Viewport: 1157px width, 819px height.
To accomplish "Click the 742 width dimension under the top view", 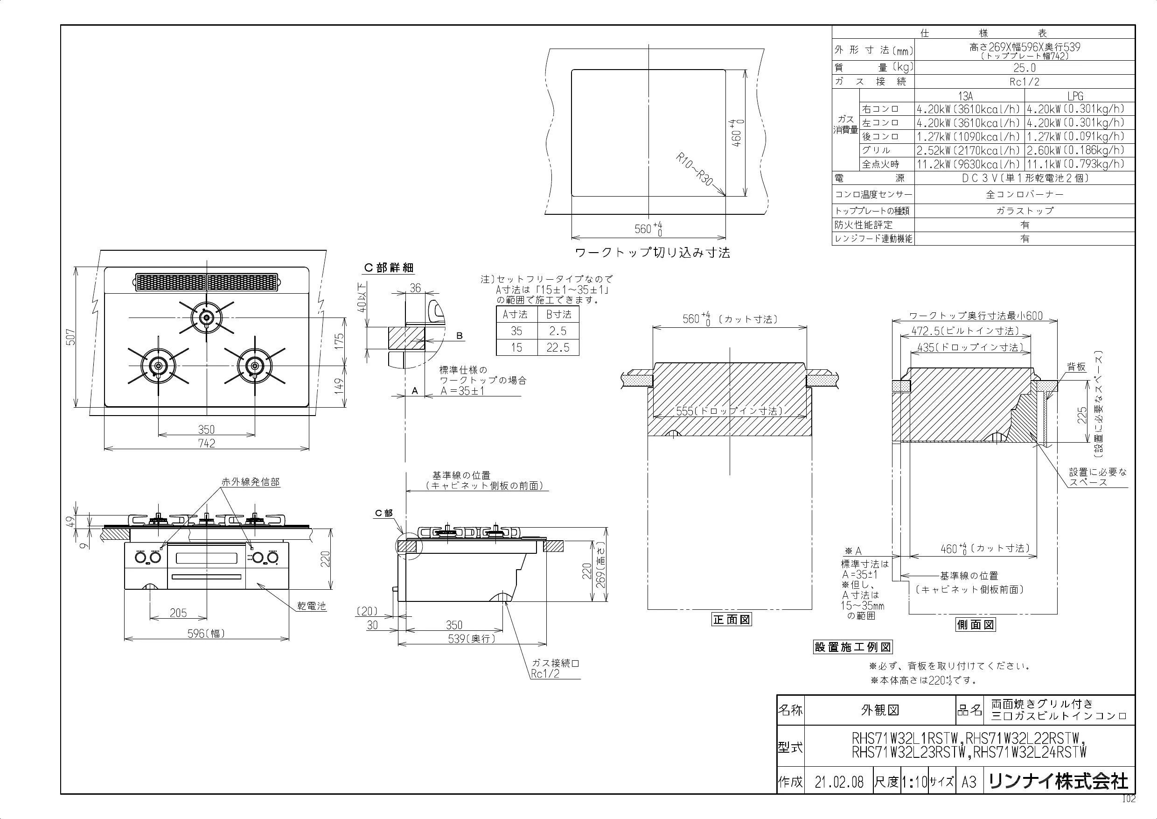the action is coord(207,443).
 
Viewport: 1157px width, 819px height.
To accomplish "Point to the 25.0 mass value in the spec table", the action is coord(1025,68).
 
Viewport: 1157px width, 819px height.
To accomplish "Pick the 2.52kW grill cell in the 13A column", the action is coord(969,150).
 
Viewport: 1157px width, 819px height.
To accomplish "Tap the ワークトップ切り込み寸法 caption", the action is coord(653,253).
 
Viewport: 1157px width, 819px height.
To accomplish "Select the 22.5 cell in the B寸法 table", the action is coord(558,347).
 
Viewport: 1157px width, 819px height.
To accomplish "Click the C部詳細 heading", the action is coord(389,268).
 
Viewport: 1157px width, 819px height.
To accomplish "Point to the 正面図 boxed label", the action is coord(732,620).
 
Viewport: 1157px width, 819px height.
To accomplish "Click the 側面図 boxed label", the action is coord(976,625).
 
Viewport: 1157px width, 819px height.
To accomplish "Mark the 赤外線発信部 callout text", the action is coord(251,482).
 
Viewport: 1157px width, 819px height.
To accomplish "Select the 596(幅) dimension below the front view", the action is coord(206,634).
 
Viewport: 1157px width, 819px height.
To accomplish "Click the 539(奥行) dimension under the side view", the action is coord(472,638).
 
